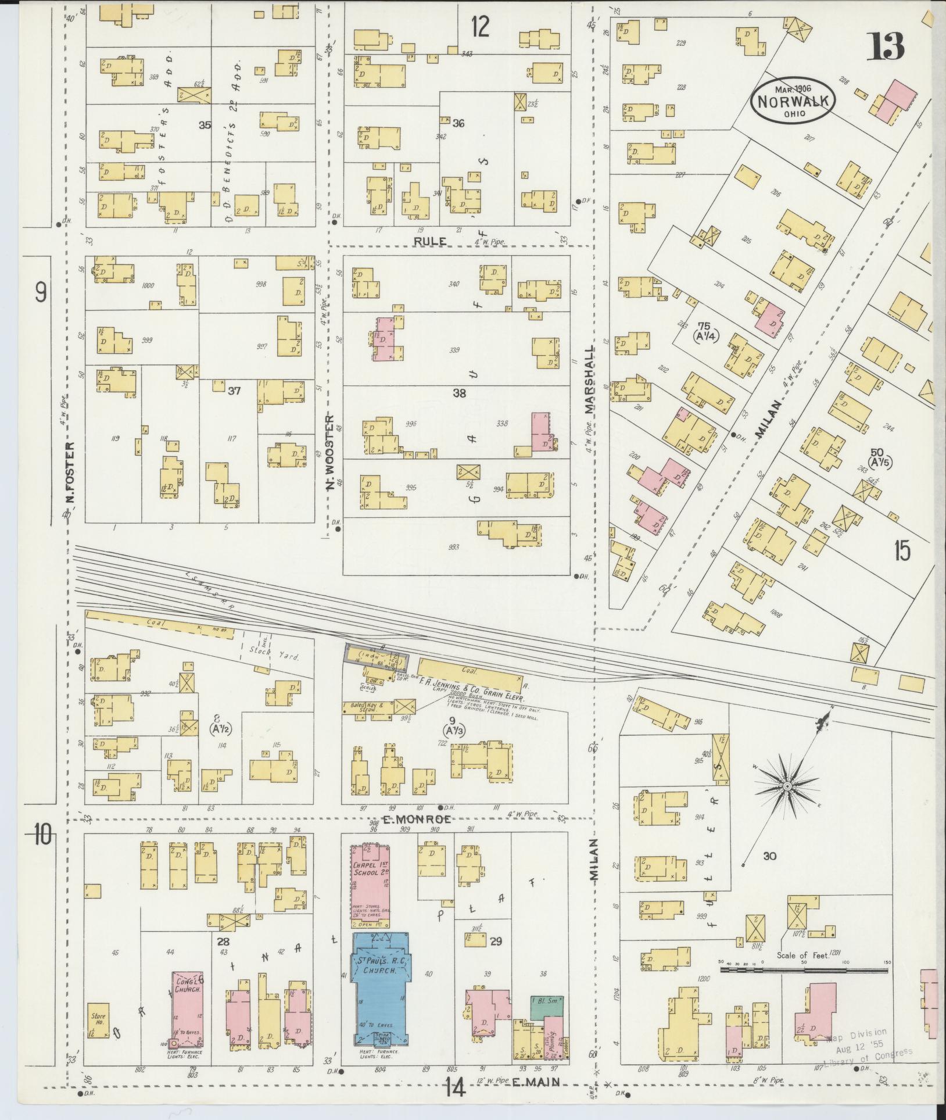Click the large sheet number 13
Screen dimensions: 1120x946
click(885, 46)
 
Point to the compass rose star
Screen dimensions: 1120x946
click(787, 786)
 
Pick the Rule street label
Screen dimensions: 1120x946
click(430, 240)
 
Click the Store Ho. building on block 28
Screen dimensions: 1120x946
click(98, 1028)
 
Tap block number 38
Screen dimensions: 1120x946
click(459, 393)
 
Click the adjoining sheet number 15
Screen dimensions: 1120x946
click(902, 549)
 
